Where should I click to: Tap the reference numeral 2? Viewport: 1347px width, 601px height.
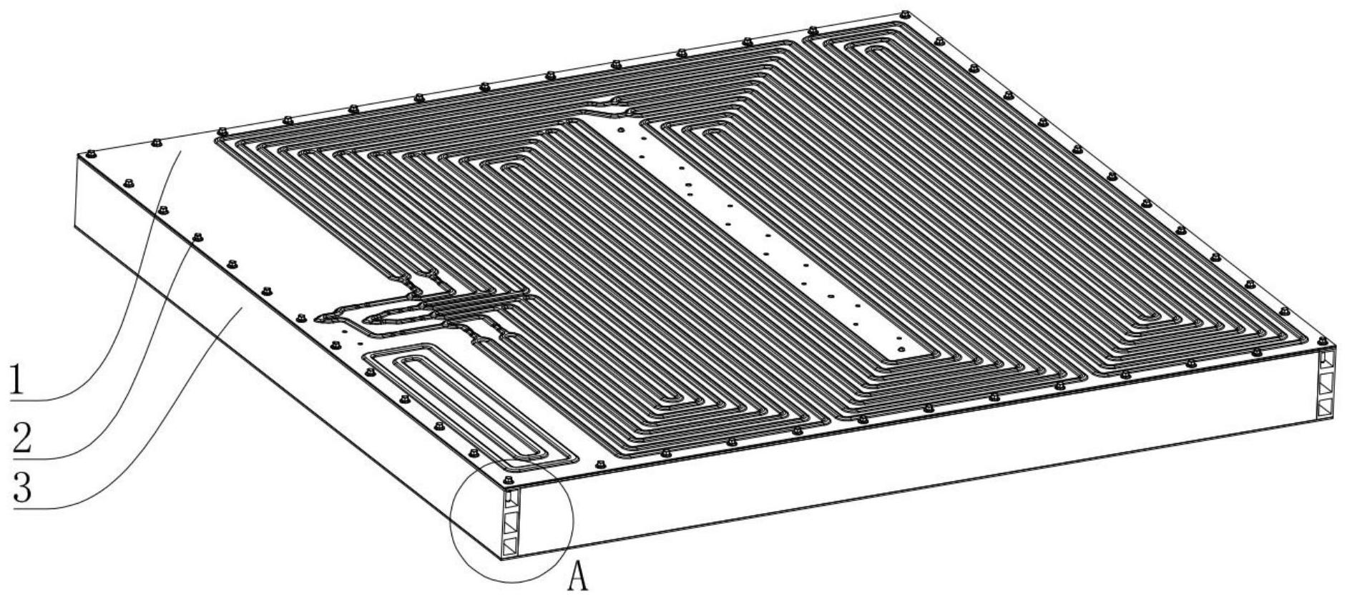point(21,437)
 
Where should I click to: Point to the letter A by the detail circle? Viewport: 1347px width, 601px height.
point(578,577)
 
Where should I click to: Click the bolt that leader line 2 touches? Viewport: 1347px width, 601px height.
point(198,237)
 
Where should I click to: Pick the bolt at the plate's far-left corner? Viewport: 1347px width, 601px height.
point(89,154)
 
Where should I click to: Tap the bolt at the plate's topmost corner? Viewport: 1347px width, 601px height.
point(905,14)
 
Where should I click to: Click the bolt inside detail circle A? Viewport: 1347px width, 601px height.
point(507,480)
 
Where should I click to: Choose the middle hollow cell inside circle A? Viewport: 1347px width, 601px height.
point(511,522)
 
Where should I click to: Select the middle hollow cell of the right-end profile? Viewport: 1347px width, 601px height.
point(1328,384)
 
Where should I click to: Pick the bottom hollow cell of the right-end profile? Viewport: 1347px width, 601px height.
point(1328,408)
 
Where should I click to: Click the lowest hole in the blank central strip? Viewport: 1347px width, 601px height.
point(901,349)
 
